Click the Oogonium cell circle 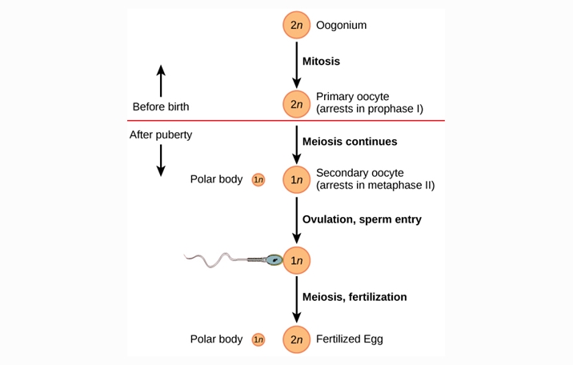[296, 26]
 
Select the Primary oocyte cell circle [296, 103]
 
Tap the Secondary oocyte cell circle [296, 180]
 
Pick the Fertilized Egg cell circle [296, 339]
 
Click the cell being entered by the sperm [296, 260]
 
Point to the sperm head [274, 259]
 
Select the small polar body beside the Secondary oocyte [258, 180]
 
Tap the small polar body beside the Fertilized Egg [258, 339]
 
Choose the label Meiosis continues [350, 142]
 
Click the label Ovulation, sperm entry [362, 219]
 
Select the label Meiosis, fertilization [355, 297]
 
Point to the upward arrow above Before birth [161, 80]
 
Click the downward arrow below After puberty [161, 158]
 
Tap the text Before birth [161, 106]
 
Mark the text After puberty [161, 134]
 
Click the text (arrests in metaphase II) [375, 186]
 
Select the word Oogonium [341, 26]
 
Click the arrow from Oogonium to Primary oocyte [296, 64]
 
